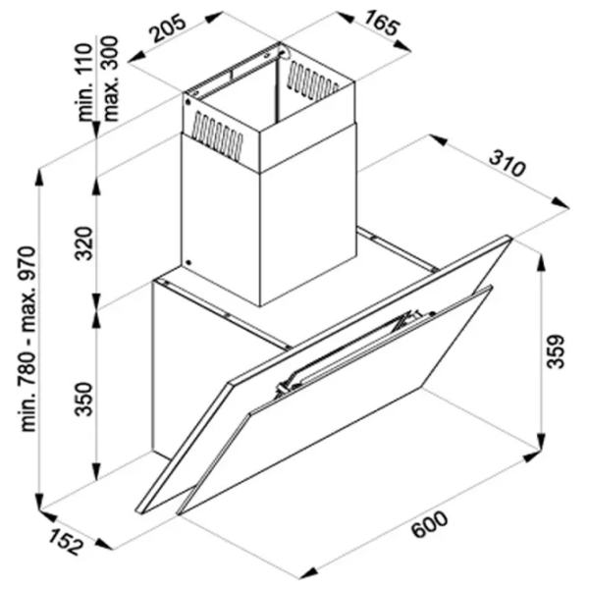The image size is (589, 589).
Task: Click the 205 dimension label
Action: [169, 27]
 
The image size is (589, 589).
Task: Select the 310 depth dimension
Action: [507, 163]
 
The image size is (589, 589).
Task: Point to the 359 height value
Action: [556, 351]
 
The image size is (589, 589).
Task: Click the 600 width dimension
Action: [429, 524]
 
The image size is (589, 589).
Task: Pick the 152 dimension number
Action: [65, 542]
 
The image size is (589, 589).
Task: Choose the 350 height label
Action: [83, 400]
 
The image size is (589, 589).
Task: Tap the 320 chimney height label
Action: [83, 243]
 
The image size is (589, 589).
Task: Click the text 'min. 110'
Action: [84, 81]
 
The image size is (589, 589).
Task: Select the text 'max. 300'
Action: [110, 79]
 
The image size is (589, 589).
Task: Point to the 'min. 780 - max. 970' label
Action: [28, 339]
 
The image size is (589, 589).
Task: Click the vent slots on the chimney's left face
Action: [217, 135]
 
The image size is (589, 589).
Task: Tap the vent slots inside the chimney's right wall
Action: [312, 81]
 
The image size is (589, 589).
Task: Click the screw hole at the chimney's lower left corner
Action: [188, 263]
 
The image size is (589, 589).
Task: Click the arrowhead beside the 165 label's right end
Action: [403, 46]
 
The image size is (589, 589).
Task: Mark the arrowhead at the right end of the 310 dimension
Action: [562, 203]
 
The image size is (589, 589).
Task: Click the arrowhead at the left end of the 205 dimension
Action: [136, 58]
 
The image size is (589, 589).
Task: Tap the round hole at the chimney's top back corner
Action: [284, 52]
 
